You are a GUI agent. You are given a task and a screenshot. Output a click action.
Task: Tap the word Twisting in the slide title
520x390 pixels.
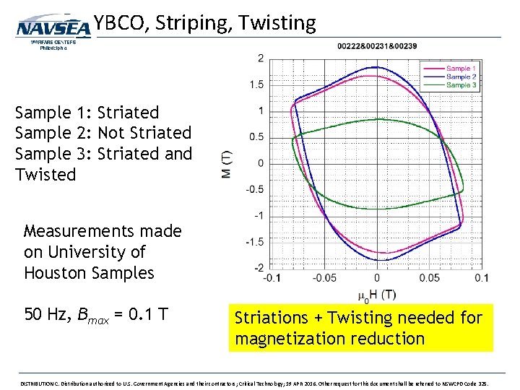pyautogui.click(x=277, y=23)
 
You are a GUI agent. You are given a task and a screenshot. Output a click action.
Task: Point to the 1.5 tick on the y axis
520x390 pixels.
pyautogui.click(x=256, y=84)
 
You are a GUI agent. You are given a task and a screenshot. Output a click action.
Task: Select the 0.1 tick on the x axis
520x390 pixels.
pyautogui.click(x=481, y=278)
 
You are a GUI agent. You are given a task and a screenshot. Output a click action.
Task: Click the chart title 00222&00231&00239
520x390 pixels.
pyautogui.click(x=376, y=46)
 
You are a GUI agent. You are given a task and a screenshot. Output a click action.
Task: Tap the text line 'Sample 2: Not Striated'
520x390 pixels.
pyautogui.click(x=103, y=133)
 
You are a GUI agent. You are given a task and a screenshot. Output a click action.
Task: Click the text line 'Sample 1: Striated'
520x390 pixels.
pyautogui.click(x=87, y=113)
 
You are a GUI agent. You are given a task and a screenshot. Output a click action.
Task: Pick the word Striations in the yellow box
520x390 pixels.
pyautogui.click(x=271, y=318)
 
